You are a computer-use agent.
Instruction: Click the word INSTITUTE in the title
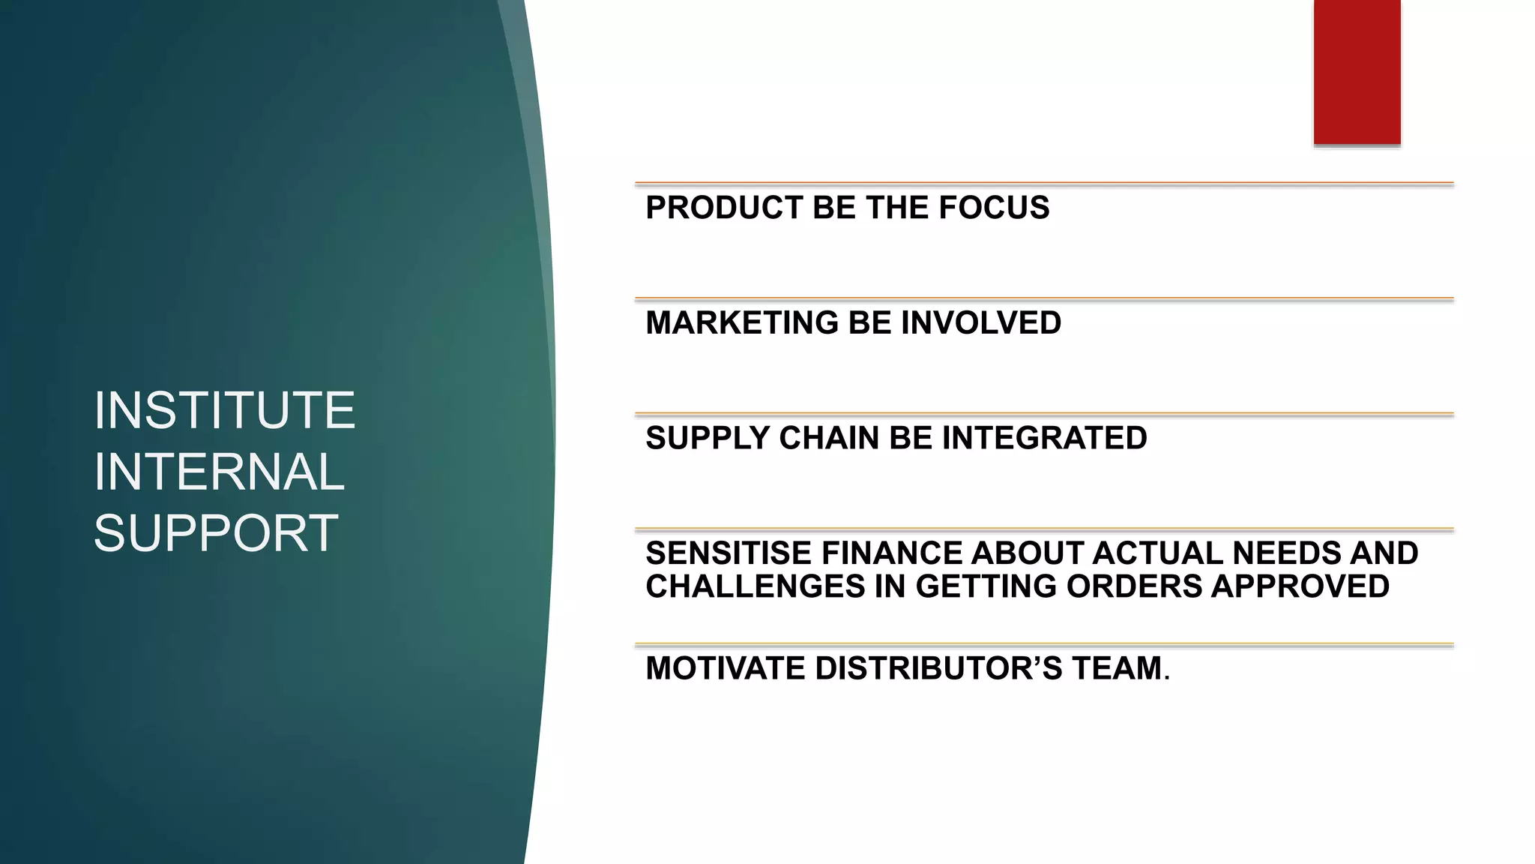pyautogui.click(x=224, y=410)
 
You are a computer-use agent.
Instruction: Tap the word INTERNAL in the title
pyautogui.click(x=219, y=472)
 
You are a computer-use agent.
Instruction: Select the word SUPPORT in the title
pyautogui.click(x=216, y=533)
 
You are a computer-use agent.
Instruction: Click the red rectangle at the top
pyautogui.click(x=1357, y=72)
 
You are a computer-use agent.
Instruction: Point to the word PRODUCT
pyautogui.click(x=724, y=208)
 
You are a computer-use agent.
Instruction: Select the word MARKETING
pyautogui.click(x=742, y=323)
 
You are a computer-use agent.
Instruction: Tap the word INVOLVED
pyautogui.click(x=981, y=323)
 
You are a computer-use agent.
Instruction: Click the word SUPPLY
pyautogui.click(x=707, y=438)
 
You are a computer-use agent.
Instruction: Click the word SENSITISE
pyautogui.click(x=729, y=553)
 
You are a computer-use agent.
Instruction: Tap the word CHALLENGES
pyautogui.click(x=755, y=586)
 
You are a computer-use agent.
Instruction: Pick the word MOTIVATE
pyautogui.click(x=725, y=668)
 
